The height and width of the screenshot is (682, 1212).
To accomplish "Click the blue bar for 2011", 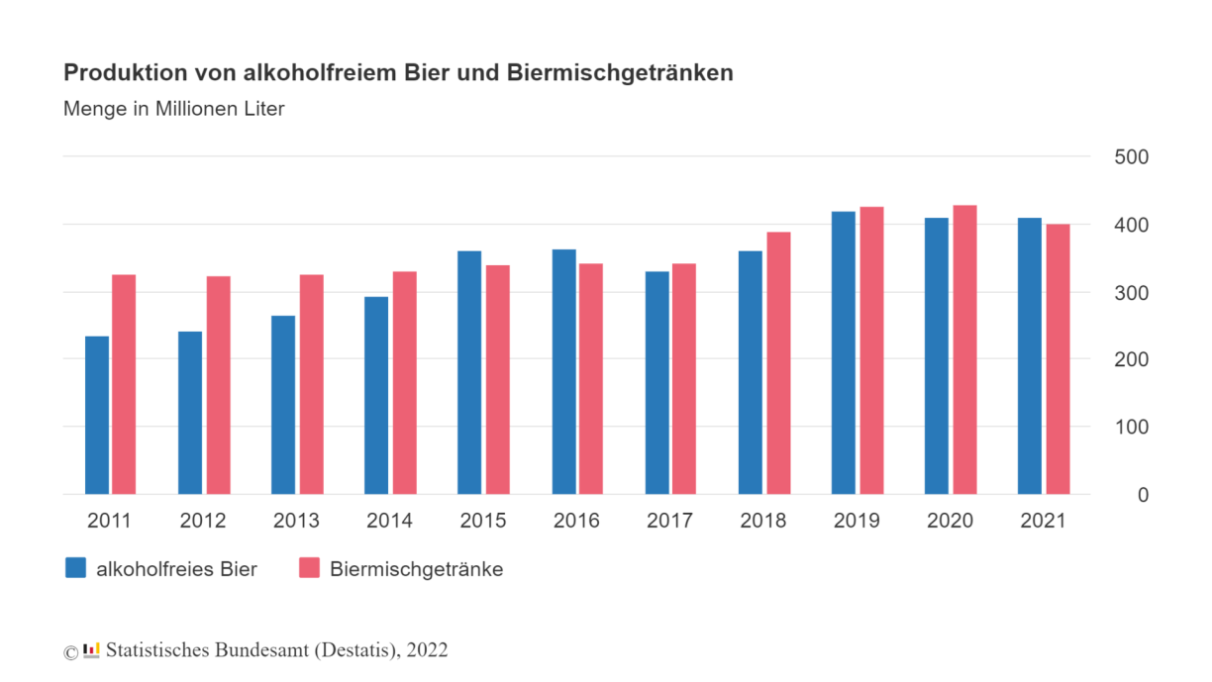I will (97, 416).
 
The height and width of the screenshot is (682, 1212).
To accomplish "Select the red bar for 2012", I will (218, 385).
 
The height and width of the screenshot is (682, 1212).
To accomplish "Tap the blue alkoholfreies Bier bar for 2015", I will (469, 373).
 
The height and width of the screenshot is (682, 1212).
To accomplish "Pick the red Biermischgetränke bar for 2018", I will (778, 363).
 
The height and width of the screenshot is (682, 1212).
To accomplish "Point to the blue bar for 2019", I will (844, 353).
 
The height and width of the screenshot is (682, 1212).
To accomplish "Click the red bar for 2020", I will (964, 350).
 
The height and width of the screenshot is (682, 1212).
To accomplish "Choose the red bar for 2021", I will (1058, 359).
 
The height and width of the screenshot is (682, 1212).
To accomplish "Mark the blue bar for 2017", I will (656, 383).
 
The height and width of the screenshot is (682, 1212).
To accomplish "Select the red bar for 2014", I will (404, 383).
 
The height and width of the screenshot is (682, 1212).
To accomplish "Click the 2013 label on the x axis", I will (296, 521).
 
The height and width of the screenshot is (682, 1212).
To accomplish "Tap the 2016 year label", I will (576, 521).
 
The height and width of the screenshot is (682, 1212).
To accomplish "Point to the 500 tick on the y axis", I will (1131, 157).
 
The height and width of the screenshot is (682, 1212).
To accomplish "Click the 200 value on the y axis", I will (1131, 360).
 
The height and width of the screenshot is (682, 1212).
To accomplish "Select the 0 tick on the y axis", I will (1143, 495).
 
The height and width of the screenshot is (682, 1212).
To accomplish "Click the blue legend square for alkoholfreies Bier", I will (75, 568).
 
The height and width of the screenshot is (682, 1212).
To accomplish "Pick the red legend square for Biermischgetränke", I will (309, 568).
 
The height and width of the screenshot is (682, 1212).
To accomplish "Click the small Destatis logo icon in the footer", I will (91, 650).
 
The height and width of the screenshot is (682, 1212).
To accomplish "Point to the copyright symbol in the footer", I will (70, 651).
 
